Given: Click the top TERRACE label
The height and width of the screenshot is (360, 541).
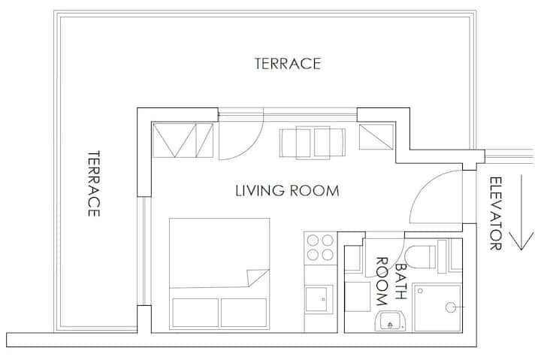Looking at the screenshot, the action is [288, 64].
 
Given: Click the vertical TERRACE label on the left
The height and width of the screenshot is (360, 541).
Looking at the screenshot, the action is [93, 183].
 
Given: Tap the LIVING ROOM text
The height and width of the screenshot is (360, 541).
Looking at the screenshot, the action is [287, 191].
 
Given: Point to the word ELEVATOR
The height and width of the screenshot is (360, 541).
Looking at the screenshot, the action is [496, 213].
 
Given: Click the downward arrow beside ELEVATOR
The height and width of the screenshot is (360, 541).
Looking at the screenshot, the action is [521, 212].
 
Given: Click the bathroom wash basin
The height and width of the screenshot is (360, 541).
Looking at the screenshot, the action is [390, 321].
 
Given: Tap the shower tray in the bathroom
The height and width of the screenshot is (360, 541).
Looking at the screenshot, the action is [437, 307].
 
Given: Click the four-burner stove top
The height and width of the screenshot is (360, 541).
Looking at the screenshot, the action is [320, 248].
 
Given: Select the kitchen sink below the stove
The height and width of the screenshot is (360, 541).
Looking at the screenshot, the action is [319, 298].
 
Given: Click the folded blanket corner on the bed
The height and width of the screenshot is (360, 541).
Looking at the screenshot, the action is [258, 277].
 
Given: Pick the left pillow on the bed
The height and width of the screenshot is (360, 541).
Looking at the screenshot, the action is [195, 313].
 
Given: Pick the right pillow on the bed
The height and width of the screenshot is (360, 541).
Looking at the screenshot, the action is [243, 313].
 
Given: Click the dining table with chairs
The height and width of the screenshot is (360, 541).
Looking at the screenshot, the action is [313, 143].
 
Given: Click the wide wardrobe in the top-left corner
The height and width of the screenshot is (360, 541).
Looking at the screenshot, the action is [183, 140].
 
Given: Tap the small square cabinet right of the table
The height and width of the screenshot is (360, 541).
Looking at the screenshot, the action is [376, 137].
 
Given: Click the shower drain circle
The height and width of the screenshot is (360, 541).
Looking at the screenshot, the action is [450, 307].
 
